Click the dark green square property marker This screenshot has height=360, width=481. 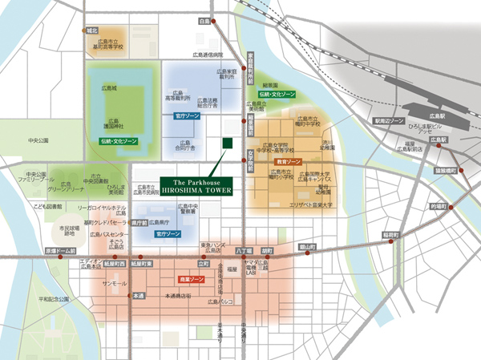coord(227,143)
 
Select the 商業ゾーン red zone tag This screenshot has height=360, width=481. coord(189,280)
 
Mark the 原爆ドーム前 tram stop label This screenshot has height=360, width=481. coord(59,251)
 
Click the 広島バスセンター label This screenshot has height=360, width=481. coord(93,234)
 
